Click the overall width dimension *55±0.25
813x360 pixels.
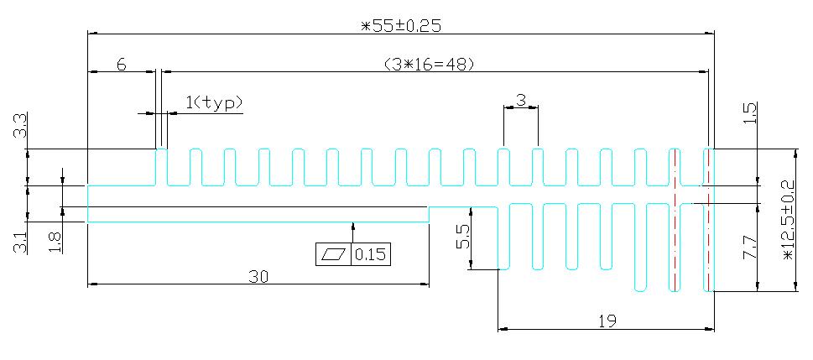[x=401, y=25]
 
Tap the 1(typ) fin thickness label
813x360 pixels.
[x=214, y=102]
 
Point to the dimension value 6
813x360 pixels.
[x=122, y=65]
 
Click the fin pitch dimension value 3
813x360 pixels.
[x=521, y=100]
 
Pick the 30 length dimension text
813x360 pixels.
[x=258, y=278]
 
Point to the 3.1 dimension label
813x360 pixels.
[x=21, y=245]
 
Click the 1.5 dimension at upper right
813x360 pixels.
[x=750, y=113]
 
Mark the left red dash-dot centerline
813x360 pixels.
[x=674, y=220]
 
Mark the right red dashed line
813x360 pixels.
[x=709, y=220]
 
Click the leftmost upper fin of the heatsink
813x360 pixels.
[x=162, y=166]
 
